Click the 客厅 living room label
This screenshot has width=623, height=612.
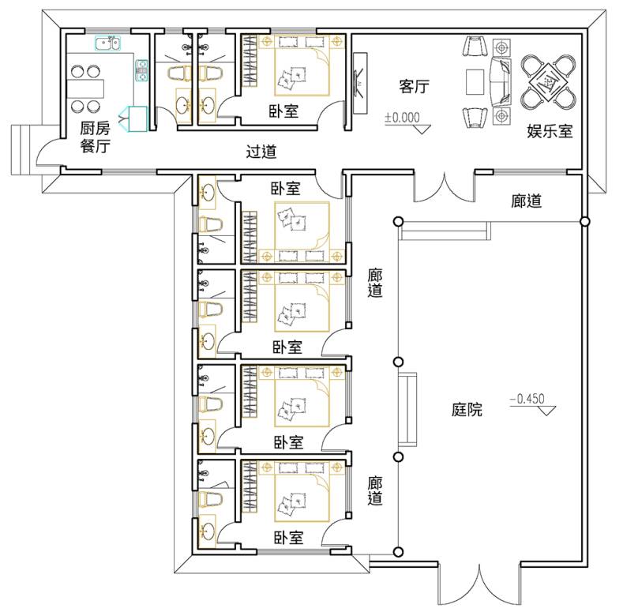414,86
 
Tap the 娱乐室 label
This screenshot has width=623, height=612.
550,131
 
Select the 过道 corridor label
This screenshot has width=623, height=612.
261,152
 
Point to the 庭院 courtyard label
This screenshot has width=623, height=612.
467,409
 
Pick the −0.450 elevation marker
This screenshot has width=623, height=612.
532,404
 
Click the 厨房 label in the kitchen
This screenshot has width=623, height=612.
95,128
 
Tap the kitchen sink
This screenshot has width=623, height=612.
107,43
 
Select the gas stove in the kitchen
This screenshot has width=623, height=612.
142,70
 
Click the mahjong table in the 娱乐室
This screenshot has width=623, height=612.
548,83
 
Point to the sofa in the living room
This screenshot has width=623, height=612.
501,81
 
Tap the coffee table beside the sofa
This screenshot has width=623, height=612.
475,82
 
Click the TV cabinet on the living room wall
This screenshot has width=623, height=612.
360,84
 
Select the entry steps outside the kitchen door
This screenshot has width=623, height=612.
21,150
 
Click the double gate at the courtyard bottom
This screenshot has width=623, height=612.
479,584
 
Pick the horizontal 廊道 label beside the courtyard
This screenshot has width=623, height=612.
527,201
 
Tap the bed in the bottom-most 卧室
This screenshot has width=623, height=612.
302,491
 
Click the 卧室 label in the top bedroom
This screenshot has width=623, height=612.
283,111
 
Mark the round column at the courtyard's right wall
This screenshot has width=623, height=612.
584,221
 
